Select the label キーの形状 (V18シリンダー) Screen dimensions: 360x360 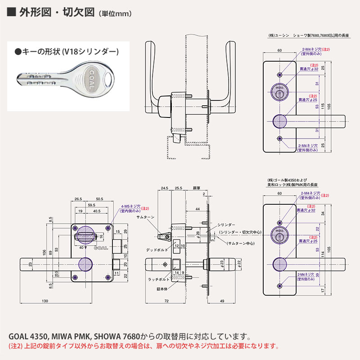[68, 52]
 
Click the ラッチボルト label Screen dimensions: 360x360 [158, 279]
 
